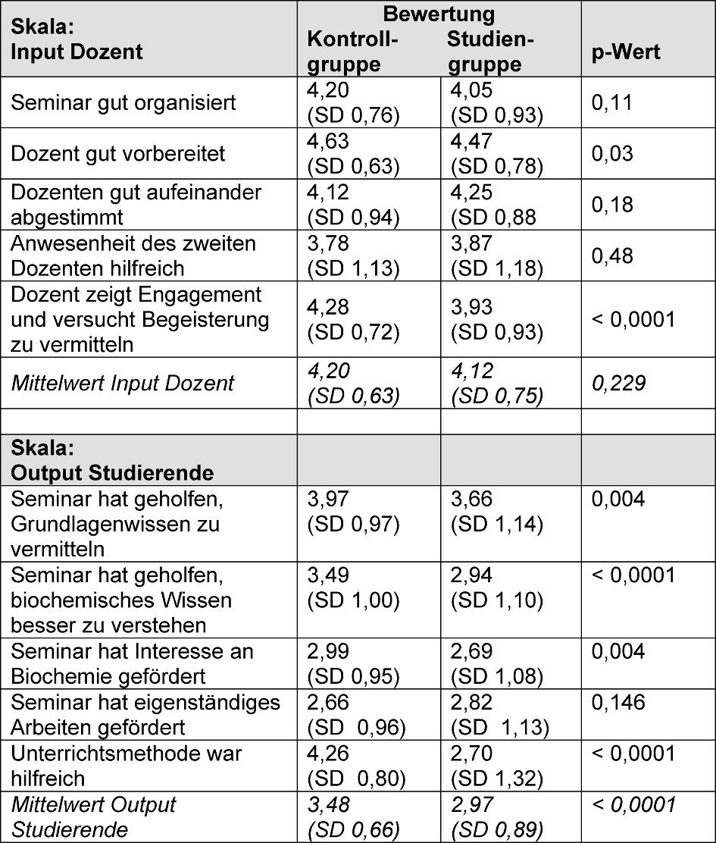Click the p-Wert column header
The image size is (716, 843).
click(x=626, y=52)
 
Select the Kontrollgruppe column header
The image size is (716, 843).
click(x=353, y=51)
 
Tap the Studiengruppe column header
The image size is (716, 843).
click(x=490, y=51)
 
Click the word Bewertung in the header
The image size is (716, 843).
click(x=439, y=14)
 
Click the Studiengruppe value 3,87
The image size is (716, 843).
click(x=471, y=244)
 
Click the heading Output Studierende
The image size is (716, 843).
click(x=111, y=472)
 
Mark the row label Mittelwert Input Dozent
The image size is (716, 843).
click(x=123, y=383)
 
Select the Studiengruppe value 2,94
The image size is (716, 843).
click(x=471, y=576)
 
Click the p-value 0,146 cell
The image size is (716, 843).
click(x=618, y=703)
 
